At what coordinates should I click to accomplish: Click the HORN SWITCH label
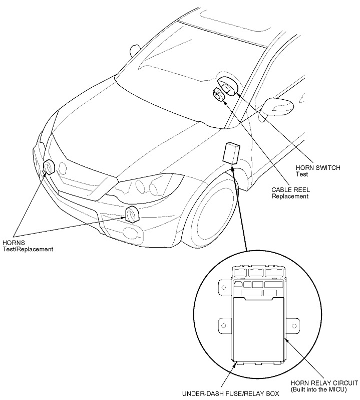(318, 168)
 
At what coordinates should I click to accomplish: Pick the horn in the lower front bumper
(132, 214)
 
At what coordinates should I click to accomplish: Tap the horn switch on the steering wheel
(228, 87)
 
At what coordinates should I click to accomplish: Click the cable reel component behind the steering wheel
(218, 94)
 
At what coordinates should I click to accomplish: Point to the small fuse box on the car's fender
(231, 152)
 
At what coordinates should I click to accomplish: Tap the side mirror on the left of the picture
(135, 50)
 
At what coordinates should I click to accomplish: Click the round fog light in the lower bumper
(131, 232)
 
